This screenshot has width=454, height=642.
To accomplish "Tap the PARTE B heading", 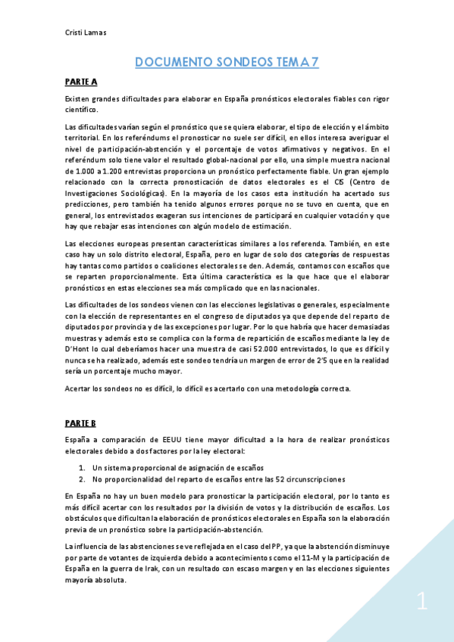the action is [x=81, y=423].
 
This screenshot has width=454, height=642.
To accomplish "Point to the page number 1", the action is [x=422, y=603].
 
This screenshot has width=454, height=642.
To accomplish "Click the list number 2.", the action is [x=82, y=478].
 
